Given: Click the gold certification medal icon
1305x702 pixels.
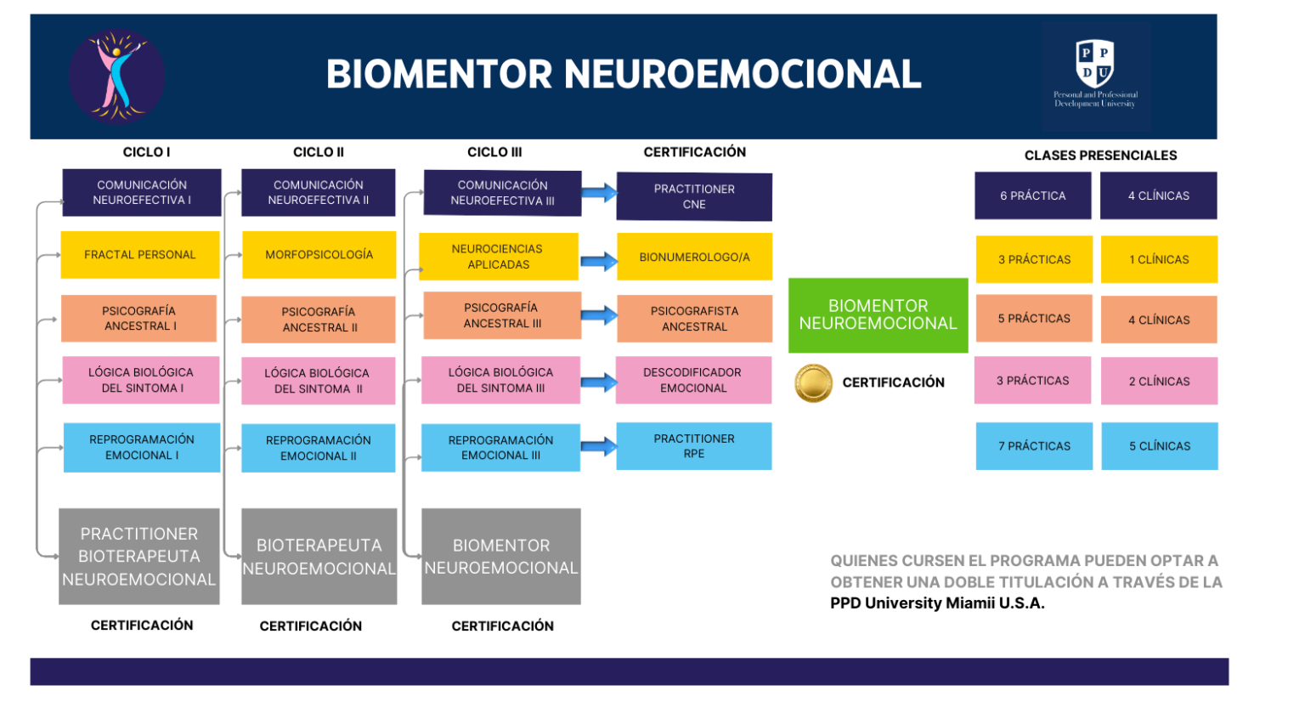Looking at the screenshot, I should tap(813, 382).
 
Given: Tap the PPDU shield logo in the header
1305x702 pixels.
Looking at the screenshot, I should tap(1094, 64).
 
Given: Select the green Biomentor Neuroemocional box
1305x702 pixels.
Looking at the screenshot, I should tap(878, 314).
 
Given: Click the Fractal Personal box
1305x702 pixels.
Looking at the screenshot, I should tap(140, 255).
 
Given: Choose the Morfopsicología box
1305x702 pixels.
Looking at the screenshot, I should tap(319, 255).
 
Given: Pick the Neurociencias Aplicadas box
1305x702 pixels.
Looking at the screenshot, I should tap(499, 257).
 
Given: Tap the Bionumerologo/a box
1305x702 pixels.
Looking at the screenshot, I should tap(694, 257).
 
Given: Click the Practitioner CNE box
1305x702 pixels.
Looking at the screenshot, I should tap(694, 196).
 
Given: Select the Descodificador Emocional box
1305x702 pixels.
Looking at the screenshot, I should tap(693, 380).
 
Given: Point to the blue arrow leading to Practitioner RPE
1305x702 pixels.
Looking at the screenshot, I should tap(599, 446).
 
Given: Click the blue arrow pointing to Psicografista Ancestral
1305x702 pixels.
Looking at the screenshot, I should tap(599, 315).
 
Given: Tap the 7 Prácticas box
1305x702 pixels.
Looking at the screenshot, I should tap(1034, 446).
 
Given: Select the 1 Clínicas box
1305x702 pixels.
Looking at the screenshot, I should tap(1159, 259).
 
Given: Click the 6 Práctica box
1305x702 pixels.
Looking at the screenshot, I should tap(1032, 195).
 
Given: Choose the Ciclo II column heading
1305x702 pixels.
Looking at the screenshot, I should tap(319, 152).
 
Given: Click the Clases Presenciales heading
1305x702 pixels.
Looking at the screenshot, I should tap(1100, 156).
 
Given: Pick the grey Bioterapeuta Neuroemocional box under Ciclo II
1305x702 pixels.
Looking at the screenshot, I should tap(319, 557).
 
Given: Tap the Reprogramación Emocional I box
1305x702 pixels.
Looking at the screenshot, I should tap(142, 447).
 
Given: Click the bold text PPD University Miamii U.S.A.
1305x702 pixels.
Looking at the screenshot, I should tap(937, 603).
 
